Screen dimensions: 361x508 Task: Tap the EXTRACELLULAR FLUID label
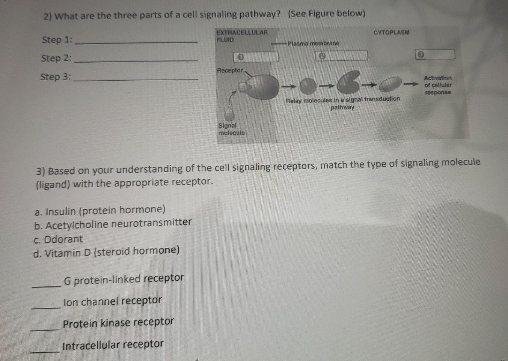click(x=241, y=36)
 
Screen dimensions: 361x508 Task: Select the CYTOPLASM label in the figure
click(x=391, y=33)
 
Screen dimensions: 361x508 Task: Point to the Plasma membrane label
click(x=313, y=44)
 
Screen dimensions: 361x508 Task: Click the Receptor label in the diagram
click(x=230, y=71)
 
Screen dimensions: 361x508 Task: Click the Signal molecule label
click(x=231, y=129)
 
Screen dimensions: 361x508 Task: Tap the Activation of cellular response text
click(x=438, y=85)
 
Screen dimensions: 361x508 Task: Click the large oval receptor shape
click(x=261, y=87)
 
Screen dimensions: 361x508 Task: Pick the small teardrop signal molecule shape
click(x=229, y=114)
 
